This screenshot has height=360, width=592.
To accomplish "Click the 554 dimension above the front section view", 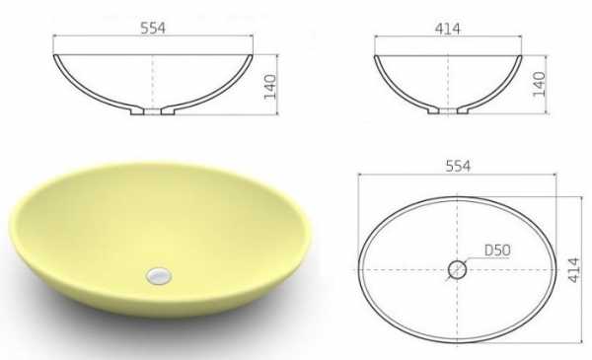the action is click(x=153, y=29).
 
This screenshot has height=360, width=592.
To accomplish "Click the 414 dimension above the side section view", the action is click(x=448, y=29).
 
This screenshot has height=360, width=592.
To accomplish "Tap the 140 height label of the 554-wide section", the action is click(x=270, y=87).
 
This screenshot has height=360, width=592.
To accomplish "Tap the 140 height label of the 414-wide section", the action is click(x=539, y=84).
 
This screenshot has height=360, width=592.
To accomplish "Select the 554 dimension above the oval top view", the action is click(x=458, y=166).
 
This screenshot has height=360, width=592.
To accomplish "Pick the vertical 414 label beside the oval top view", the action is click(x=573, y=270).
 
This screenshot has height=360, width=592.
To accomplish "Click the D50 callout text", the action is click(x=497, y=251).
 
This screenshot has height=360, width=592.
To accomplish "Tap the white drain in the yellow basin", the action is click(x=159, y=276).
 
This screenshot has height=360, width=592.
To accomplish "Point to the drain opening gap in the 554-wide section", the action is click(x=153, y=111).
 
